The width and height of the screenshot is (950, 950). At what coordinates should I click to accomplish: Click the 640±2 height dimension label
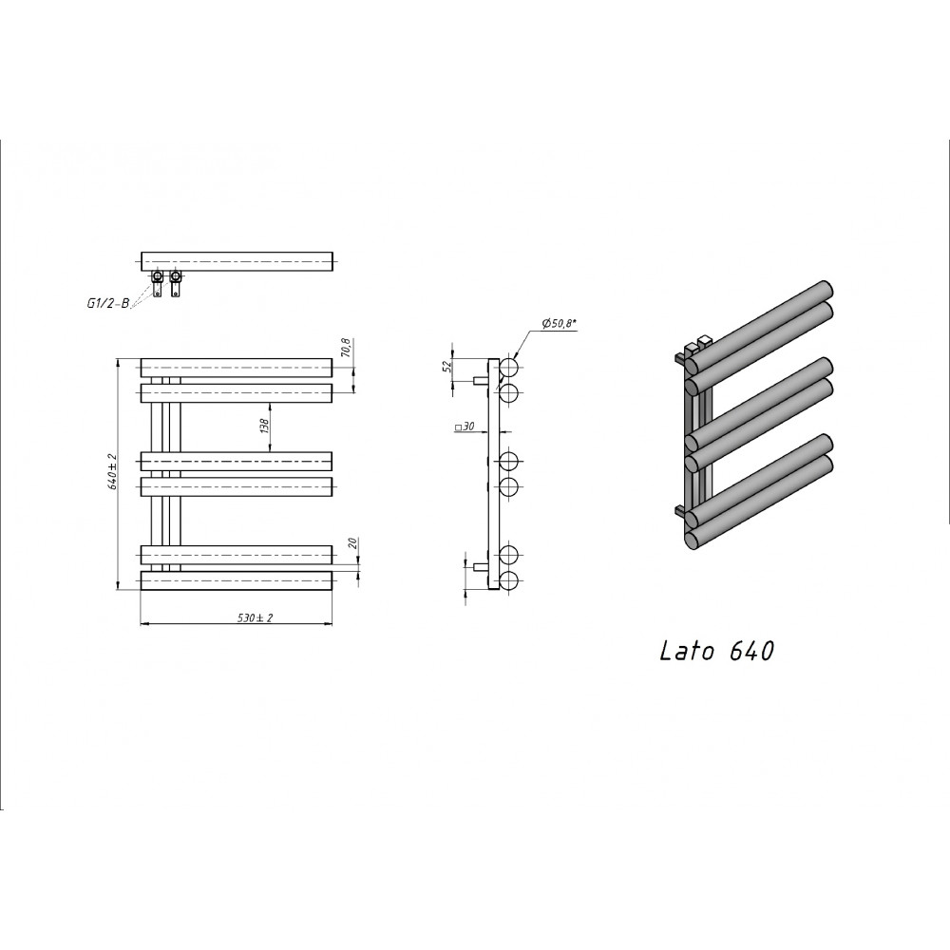click(x=112, y=471)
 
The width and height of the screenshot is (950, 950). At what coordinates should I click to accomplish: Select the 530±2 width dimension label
click(x=255, y=618)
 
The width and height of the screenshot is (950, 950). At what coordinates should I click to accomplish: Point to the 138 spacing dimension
click(x=263, y=427)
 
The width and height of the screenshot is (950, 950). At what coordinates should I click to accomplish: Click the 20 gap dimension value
click(x=352, y=542)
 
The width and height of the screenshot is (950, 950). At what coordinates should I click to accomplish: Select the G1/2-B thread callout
click(x=108, y=304)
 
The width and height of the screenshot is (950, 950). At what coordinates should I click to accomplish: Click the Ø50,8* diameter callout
click(x=559, y=324)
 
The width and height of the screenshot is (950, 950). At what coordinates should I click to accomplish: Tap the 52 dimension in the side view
click(x=447, y=366)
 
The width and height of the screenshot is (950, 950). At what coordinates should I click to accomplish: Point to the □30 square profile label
click(x=465, y=427)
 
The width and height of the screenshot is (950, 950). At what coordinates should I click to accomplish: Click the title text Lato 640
click(x=716, y=651)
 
